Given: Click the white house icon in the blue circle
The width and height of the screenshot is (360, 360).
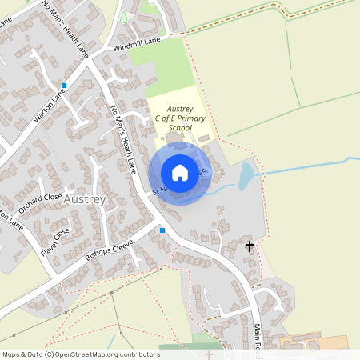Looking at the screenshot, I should point(180,172).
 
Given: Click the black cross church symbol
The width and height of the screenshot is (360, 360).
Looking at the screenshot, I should point(250,246).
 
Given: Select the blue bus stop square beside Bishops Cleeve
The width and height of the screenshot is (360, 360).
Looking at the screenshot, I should point(162,230).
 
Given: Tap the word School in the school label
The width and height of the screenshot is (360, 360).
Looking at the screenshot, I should point(181,128).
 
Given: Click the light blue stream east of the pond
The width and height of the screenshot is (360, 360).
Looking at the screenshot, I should point(304,169).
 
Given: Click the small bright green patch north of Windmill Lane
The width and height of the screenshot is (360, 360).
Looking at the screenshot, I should point(124,17).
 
